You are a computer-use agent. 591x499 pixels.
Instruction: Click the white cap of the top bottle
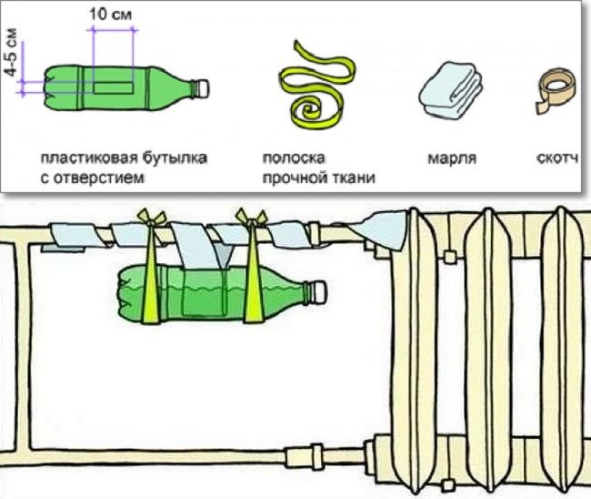pyautogui.click(x=203, y=87)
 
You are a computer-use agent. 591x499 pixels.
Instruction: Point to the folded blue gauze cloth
pyautogui.click(x=447, y=88)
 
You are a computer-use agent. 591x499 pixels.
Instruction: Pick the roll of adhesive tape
pyautogui.click(x=556, y=88)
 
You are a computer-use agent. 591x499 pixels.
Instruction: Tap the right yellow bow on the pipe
pyautogui.click(x=248, y=219)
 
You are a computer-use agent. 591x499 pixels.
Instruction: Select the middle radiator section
pyautogui.click(x=481, y=346)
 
